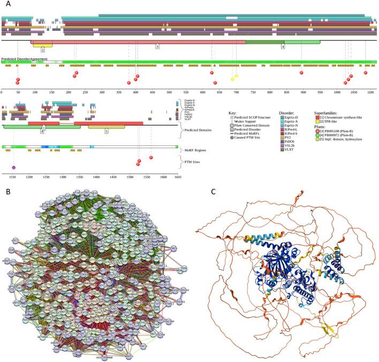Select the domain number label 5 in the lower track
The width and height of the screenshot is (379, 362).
pos(106,130)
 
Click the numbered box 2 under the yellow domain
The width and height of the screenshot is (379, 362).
pos(42,50)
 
